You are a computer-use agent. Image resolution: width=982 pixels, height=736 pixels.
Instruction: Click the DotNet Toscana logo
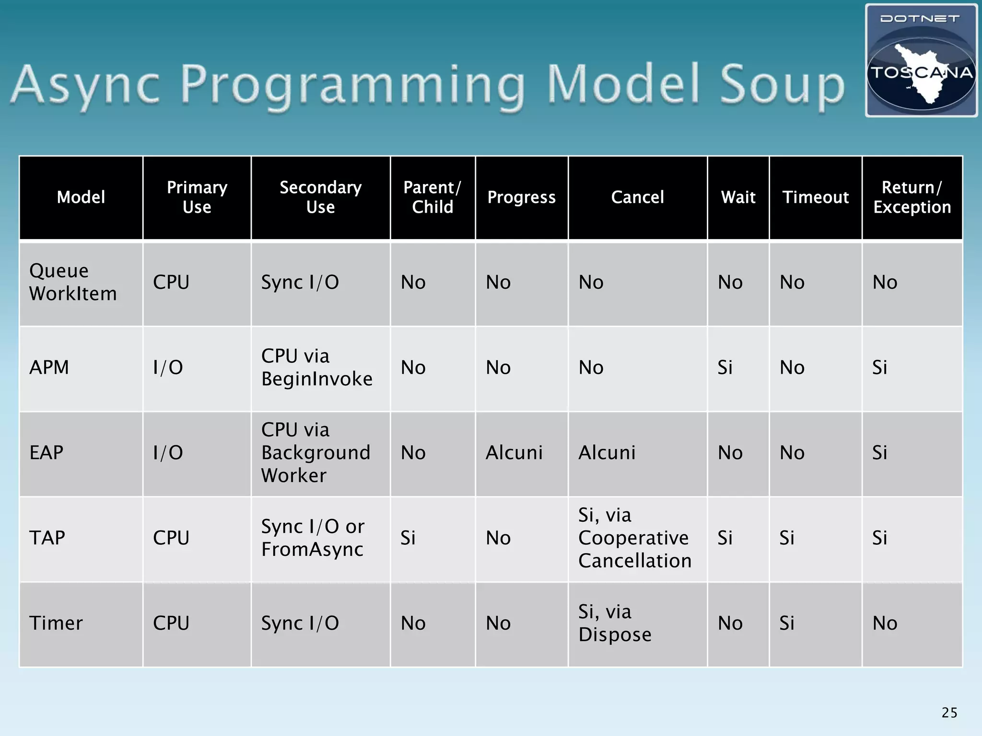point(921,61)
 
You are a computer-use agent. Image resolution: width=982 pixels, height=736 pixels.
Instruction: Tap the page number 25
point(949,713)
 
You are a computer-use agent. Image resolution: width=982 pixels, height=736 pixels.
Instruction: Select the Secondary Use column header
point(320,197)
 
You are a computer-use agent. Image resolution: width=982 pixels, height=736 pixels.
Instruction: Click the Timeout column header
point(815,197)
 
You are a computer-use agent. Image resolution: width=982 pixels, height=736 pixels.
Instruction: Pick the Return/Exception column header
point(912,197)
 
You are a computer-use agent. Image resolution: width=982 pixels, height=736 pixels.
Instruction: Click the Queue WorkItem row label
point(73,282)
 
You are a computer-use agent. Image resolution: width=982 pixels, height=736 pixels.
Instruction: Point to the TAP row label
point(47,538)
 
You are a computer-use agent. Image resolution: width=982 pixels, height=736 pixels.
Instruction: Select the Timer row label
point(56,623)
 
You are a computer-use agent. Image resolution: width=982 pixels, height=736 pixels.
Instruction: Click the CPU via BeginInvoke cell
point(316,368)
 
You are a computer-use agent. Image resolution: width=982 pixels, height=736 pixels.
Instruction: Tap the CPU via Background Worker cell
point(316,452)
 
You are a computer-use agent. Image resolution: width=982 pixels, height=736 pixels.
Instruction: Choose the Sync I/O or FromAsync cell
point(313,538)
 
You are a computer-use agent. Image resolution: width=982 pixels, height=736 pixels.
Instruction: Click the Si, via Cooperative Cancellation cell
point(634,538)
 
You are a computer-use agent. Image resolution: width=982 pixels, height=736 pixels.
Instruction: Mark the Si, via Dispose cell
point(615,623)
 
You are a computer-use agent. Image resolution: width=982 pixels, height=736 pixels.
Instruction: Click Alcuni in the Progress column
point(514,452)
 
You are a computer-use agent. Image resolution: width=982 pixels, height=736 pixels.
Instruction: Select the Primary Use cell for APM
point(168,368)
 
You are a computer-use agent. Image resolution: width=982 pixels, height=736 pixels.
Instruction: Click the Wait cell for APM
point(725,368)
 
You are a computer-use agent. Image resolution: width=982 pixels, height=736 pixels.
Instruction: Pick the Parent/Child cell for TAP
point(408,538)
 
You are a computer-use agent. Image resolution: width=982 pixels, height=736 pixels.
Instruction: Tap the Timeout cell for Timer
point(786,623)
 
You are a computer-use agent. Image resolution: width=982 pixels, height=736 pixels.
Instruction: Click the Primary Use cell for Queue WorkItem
point(171,282)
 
